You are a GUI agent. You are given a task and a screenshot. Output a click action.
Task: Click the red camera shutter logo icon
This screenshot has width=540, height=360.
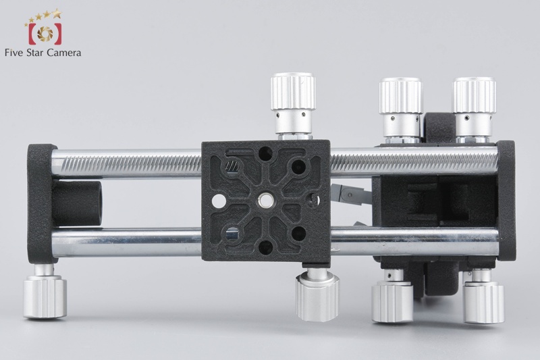45,34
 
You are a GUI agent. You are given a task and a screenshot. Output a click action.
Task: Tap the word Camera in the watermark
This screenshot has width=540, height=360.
64,53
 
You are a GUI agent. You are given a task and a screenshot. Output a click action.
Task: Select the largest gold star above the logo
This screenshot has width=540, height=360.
57,14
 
